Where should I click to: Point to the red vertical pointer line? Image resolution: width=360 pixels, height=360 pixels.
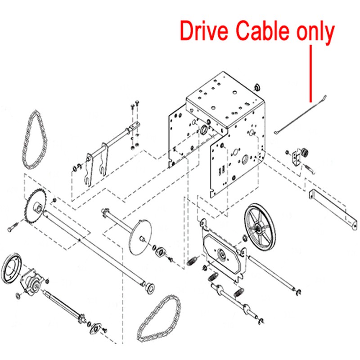point(310,72)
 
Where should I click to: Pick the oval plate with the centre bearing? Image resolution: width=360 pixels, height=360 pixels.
point(223,256)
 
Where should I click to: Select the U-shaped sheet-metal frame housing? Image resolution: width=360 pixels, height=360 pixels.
point(216,130)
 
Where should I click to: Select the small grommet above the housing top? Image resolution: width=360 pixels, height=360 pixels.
point(257,86)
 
